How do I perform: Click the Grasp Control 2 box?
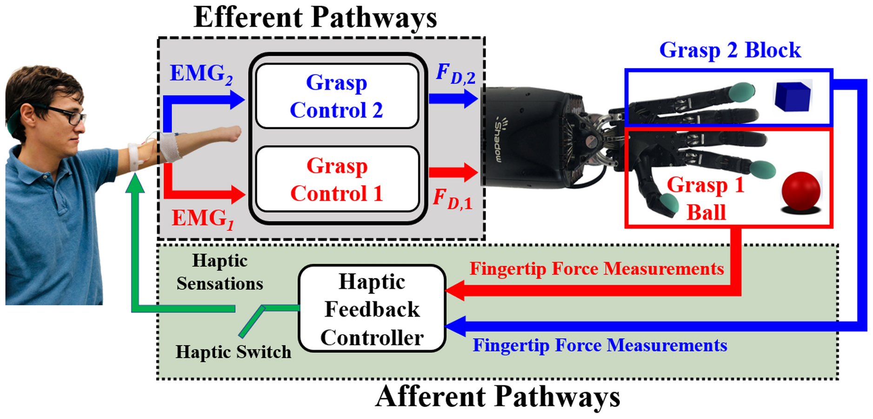(337, 96)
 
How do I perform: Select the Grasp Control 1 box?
(337, 179)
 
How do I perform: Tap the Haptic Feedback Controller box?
(372, 309)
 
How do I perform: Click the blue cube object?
(792, 96)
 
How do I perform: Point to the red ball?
(800, 191)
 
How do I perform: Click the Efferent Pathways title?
(315, 17)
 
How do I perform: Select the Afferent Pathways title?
(497, 397)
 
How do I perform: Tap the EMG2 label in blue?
(201, 74)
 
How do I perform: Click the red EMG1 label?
(202, 218)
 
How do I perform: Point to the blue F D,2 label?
(455, 74)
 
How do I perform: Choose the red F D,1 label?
(453, 199)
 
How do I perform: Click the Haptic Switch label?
(233, 352)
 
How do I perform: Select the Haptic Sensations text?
(220, 272)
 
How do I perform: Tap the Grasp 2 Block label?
(730, 50)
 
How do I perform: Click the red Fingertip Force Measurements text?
(596, 269)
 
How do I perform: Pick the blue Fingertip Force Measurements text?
(600, 345)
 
